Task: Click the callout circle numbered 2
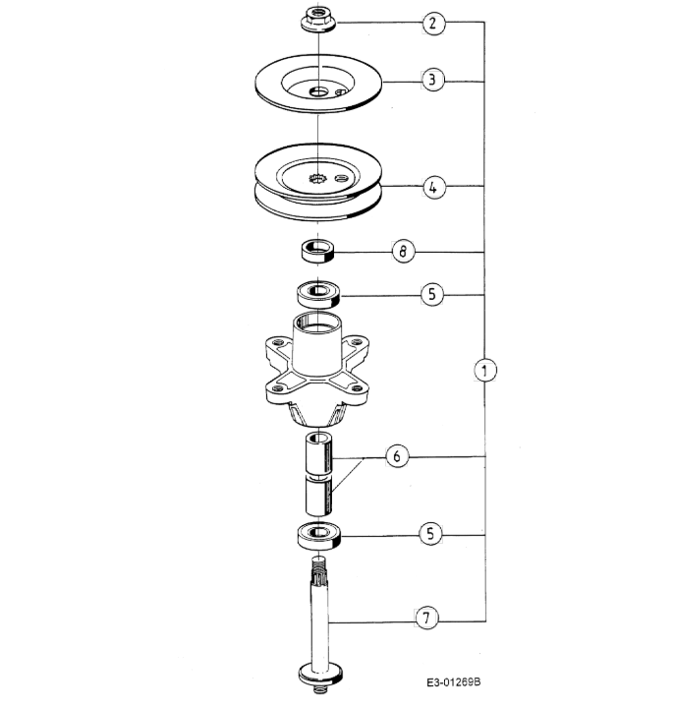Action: coord(433,23)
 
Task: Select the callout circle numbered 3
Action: coord(432,80)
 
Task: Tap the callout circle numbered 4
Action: coord(433,187)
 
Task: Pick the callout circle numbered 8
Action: coord(403,251)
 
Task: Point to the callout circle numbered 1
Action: coord(485,371)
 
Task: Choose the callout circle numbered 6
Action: coord(397,456)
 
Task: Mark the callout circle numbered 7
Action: coord(426,618)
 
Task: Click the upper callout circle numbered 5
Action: coord(431,294)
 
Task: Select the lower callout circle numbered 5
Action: coord(430,534)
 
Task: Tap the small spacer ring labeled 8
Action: coord(317,251)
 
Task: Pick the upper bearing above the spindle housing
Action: coord(318,294)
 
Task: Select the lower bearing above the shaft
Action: coord(319,536)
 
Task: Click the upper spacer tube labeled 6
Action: coord(319,453)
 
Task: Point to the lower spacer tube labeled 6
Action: coord(319,496)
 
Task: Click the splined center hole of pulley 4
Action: coord(317,179)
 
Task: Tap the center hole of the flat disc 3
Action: coord(318,91)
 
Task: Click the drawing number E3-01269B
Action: coord(453,681)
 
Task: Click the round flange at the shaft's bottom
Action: coord(320,675)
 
